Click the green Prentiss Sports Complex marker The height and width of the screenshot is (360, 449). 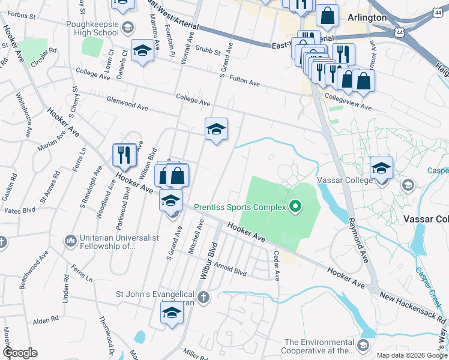pyautogui.click(x=295, y=208)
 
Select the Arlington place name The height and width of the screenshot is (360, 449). pyautogui.click(x=367, y=17)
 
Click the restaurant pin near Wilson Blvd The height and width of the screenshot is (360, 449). pyautogui.click(x=123, y=155)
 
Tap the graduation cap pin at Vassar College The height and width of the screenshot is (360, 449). pyautogui.click(x=381, y=169)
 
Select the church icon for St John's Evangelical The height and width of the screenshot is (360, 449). pyautogui.click(x=204, y=297)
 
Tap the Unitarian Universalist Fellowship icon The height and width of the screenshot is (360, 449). pyautogui.click(x=71, y=241)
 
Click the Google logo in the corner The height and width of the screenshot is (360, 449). pyautogui.click(x=20, y=353)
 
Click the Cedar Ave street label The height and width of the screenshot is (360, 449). pyautogui.click(x=277, y=265)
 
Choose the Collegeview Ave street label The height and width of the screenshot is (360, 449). pyautogui.click(x=348, y=100)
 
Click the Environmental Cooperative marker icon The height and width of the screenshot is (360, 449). pyautogui.click(x=363, y=345)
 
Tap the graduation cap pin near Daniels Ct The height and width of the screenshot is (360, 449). pyautogui.click(x=142, y=51)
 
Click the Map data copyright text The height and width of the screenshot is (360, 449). pyautogui.click(x=412, y=355)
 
